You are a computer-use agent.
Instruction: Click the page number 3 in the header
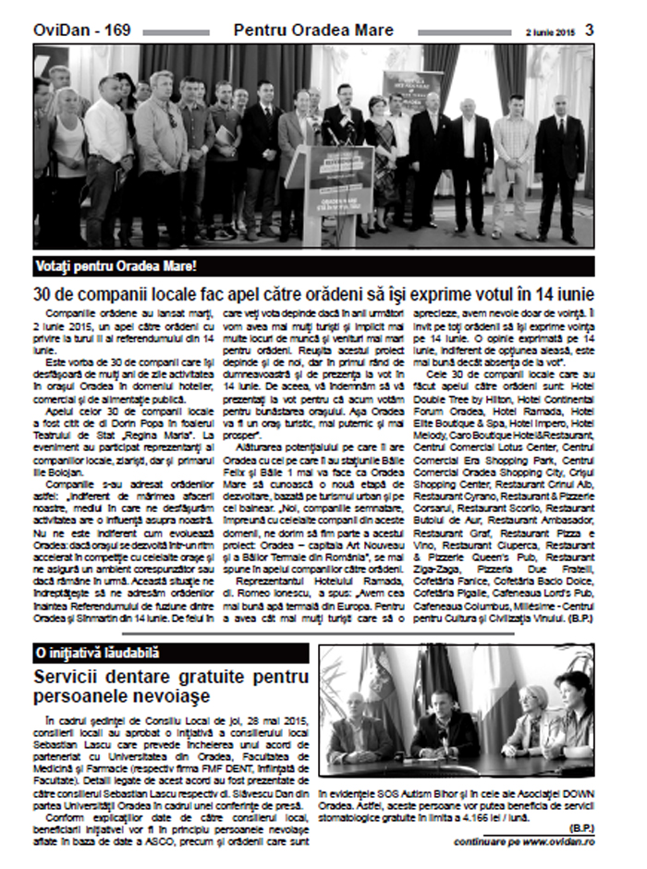pos(589,30)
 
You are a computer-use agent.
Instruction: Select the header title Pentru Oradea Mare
pos(313,31)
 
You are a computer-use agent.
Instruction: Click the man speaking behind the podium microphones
pos(342,120)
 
